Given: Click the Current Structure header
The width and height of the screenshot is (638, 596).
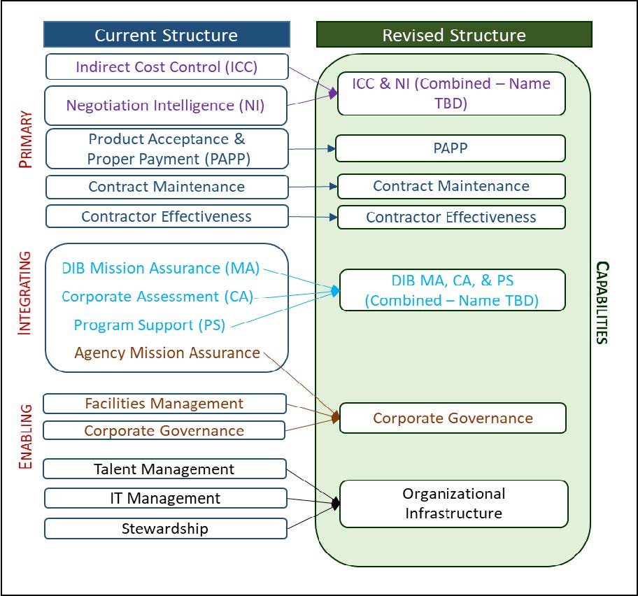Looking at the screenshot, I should tap(166, 34).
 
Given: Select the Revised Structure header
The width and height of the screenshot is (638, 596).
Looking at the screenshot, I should tap(454, 34).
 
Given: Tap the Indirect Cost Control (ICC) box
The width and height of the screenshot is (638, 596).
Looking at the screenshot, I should tap(166, 67).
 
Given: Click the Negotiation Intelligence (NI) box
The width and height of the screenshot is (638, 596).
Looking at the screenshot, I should tap(166, 106).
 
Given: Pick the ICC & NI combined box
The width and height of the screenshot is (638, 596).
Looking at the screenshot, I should tap(451, 93).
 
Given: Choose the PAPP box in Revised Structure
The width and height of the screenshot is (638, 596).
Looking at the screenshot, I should tap(451, 148).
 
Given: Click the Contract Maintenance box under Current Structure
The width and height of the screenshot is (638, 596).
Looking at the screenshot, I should tap(166, 187).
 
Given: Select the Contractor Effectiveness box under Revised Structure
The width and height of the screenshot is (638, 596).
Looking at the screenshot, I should tap(451, 217).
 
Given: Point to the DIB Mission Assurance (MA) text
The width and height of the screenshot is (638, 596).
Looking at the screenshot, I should tap(160, 268).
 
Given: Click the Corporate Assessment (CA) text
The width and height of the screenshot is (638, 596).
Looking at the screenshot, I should tap(157, 297).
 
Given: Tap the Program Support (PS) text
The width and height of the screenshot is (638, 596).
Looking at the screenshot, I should tap(153, 325).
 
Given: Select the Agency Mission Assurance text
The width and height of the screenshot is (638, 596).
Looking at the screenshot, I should tap(167, 353).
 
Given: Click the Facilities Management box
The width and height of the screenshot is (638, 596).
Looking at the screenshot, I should tap(164, 404).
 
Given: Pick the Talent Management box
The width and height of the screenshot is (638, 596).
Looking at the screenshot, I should tap(164, 469).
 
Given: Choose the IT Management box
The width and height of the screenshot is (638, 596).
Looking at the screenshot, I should tap(165, 498).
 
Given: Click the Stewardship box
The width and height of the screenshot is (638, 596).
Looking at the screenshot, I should tap(165, 528).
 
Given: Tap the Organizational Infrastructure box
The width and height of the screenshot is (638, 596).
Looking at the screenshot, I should tap(453, 503).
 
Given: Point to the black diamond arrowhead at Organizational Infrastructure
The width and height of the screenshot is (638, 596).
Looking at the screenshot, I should tap(336, 503).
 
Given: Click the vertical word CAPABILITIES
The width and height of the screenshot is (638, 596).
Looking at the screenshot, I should tap(601, 302).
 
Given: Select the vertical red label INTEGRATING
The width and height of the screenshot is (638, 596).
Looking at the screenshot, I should tap(24, 293).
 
